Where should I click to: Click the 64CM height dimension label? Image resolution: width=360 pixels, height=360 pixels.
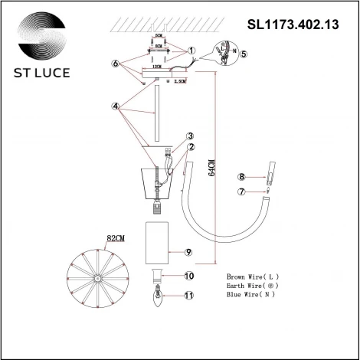(x=212, y=168)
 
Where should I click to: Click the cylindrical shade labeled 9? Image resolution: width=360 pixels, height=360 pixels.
(x=160, y=246)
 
